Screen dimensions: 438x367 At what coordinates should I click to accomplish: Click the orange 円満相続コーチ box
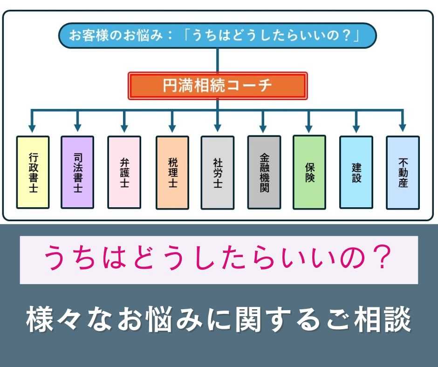pos(218,86)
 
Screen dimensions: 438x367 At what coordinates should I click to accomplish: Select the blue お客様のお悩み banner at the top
pos(218,36)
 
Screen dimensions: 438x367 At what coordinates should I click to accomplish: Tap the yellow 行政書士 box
pos(33,172)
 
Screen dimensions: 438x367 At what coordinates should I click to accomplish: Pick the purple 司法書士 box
pos(77,172)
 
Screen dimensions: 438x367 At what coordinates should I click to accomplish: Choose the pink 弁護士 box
pos(124,172)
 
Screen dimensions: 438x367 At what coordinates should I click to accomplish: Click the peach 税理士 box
pos(172,173)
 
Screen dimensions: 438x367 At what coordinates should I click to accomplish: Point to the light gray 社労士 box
pos(218,173)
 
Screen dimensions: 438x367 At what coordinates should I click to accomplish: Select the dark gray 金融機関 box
pos(264,172)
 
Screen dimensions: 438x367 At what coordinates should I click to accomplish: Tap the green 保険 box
pos(309,172)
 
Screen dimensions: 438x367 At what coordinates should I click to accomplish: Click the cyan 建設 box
pos(356,172)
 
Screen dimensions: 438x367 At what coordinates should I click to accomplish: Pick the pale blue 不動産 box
pos(403,173)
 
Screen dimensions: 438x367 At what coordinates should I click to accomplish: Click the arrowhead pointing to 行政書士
pos(32,128)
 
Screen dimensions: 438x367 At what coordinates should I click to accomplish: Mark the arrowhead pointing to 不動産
pos(402,128)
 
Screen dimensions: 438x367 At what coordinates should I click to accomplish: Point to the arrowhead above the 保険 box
pos(308,129)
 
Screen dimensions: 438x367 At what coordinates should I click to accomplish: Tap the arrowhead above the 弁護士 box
pos(124,129)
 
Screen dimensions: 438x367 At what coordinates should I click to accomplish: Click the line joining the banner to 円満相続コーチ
pos(218,61)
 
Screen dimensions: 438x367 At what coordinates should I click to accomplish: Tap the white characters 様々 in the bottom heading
pos(54,319)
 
